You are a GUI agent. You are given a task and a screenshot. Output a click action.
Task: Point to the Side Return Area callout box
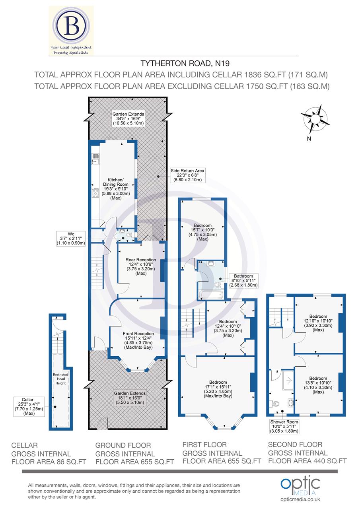pyautogui.click(x=187, y=175)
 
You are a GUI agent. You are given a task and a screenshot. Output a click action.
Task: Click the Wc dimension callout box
pyautogui.click(x=71, y=238)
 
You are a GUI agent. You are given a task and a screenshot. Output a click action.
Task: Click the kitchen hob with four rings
pyautogui.click(x=96, y=193)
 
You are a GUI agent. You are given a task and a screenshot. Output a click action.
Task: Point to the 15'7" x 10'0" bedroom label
pyautogui.click(x=202, y=232)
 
